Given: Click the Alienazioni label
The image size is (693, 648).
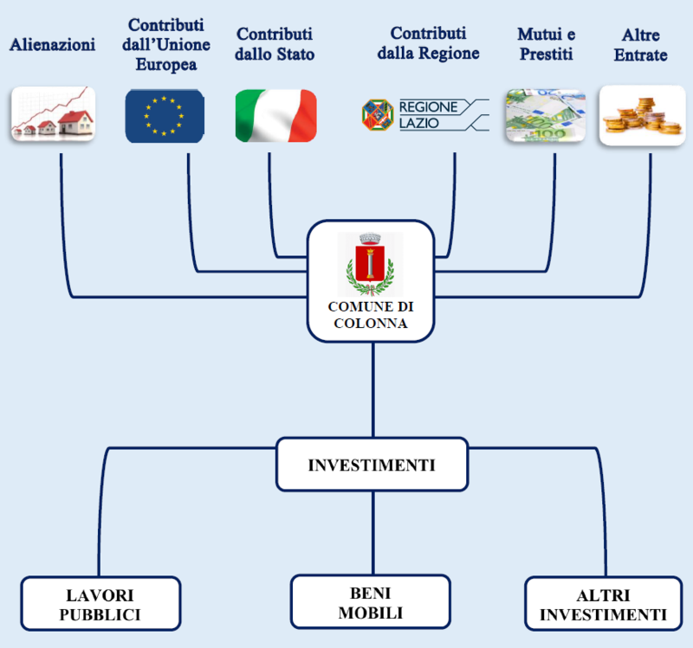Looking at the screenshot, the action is pyautogui.click(x=53, y=45).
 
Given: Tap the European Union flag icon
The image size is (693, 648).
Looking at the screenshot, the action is pyautogui.click(x=165, y=116).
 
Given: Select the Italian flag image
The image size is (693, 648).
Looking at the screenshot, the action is pyautogui.click(x=276, y=116).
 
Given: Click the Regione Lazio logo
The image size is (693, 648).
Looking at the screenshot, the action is pyautogui.click(x=425, y=115).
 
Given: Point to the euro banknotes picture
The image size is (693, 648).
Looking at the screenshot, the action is pyautogui.click(x=546, y=115).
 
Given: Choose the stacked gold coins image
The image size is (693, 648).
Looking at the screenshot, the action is pyautogui.click(x=642, y=115).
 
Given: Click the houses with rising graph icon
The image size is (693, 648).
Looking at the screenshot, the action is pyautogui.click(x=53, y=114).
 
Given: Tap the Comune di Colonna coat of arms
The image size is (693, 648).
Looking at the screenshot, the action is pyautogui.click(x=371, y=264).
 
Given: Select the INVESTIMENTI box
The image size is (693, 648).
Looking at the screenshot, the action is pyautogui.click(x=372, y=465).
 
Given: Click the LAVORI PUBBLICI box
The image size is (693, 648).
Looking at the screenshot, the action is pyautogui.click(x=100, y=603).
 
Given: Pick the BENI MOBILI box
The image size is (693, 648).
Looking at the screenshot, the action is pyautogui.click(x=371, y=601).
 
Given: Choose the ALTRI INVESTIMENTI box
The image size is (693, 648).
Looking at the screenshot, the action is pyautogui.click(x=604, y=603).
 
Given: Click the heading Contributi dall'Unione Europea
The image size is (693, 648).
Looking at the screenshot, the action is pyautogui.click(x=166, y=45).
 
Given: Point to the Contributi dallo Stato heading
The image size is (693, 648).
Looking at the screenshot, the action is pyautogui.click(x=275, y=44).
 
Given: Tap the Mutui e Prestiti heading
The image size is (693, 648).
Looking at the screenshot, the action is pyautogui.click(x=547, y=44).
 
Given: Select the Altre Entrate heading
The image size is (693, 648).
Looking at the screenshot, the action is pyautogui.click(x=641, y=45).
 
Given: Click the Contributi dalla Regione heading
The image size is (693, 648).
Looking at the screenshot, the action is pyautogui.click(x=428, y=43).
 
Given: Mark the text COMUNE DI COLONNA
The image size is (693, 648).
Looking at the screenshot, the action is pyautogui.click(x=371, y=315).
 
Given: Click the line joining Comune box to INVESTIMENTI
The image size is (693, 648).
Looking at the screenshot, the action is pyautogui.click(x=373, y=390).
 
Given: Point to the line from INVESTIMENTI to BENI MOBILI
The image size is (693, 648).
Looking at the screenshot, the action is pyautogui.click(x=373, y=533).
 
